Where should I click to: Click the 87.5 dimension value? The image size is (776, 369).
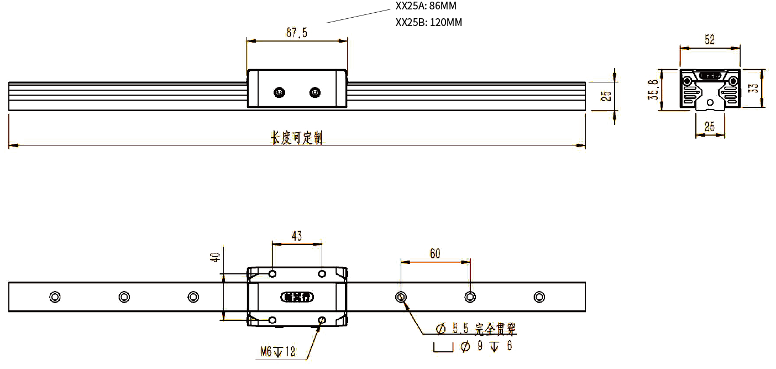click(x=296, y=33)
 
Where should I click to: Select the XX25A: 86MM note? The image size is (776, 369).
click(x=426, y=6)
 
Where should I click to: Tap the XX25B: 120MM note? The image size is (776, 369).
click(x=429, y=23)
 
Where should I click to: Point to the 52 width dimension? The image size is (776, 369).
click(x=710, y=40)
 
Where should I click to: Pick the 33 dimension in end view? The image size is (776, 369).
click(x=753, y=88)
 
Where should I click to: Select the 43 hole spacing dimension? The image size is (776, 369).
click(x=297, y=236)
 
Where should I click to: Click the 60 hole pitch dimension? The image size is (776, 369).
click(x=435, y=253)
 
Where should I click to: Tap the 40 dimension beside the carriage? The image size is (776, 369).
click(x=216, y=257)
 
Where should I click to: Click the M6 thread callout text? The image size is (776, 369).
click(x=277, y=351)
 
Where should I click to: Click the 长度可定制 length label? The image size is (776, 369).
click(x=296, y=138)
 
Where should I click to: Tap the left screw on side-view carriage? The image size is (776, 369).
click(x=280, y=92)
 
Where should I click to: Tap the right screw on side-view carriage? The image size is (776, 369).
click(x=315, y=92)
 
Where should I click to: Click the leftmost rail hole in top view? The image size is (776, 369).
click(x=55, y=297)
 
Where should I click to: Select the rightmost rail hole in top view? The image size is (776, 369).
click(x=539, y=297)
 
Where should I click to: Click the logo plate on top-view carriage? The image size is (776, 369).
click(x=297, y=297)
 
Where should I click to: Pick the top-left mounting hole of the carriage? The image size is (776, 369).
click(x=272, y=274)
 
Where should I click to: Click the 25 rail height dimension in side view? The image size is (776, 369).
click(x=606, y=96)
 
